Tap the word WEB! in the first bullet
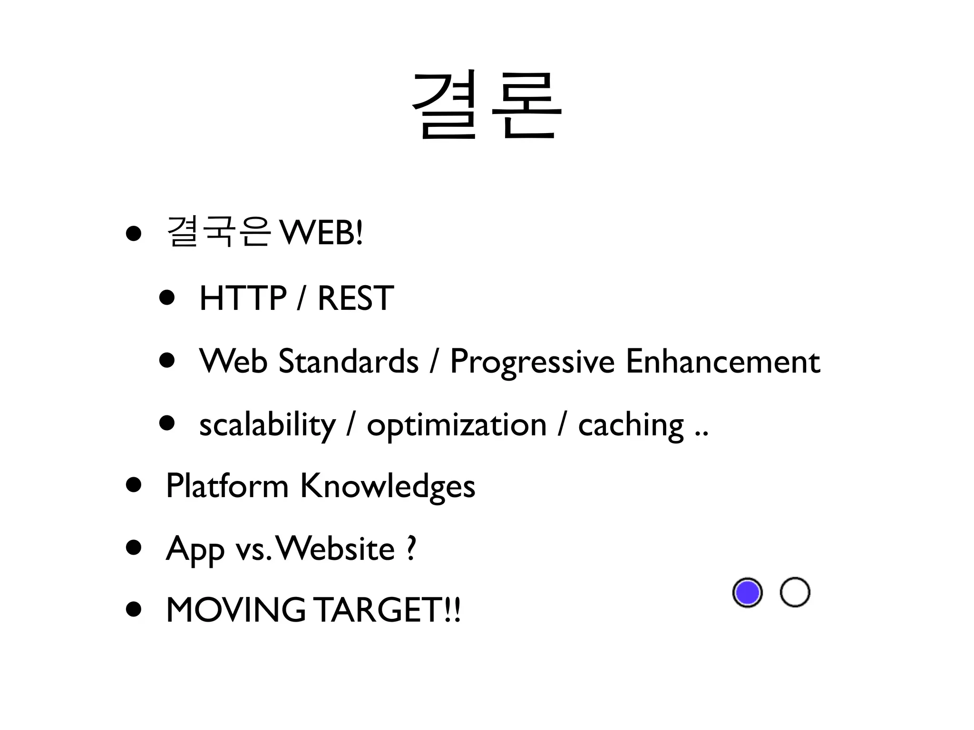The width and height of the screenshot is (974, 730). (321, 233)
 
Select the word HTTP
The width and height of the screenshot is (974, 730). (243, 298)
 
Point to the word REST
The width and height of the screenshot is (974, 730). (356, 298)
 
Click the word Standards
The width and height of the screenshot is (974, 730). (348, 361)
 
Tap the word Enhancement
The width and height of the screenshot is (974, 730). (723, 361)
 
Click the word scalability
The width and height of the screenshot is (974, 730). (267, 425)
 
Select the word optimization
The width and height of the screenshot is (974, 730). (457, 425)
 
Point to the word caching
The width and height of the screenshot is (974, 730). (631, 425)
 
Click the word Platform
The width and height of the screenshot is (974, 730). (227, 486)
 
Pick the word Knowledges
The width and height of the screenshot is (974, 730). (388, 487)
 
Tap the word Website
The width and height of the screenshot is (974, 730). (336, 548)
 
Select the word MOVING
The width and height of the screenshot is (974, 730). (235, 610)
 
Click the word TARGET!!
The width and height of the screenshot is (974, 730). (388, 610)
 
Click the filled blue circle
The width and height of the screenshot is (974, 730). (747, 593)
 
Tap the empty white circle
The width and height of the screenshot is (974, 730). (795, 592)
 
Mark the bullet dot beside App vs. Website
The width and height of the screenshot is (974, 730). (134, 547)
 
